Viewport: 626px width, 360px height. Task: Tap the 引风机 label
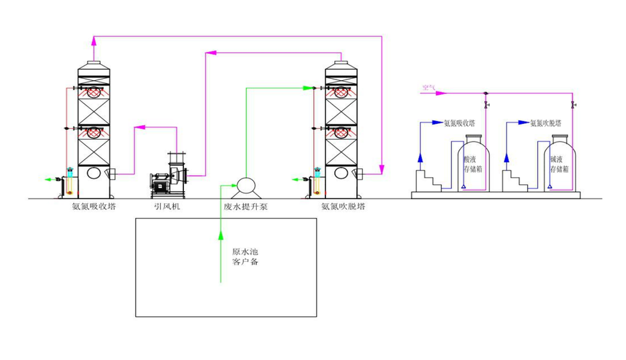pyautogui.click(x=167, y=205)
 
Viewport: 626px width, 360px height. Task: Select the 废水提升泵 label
pyautogui.click(x=246, y=205)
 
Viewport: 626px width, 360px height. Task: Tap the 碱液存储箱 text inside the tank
pyautogui.click(x=558, y=164)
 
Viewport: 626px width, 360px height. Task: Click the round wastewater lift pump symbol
pyautogui.click(x=244, y=185)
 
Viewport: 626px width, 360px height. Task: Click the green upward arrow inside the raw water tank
pyautogui.click(x=220, y=235)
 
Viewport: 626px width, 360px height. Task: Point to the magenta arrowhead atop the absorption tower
pyautogui.click(x=94, y=41)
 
